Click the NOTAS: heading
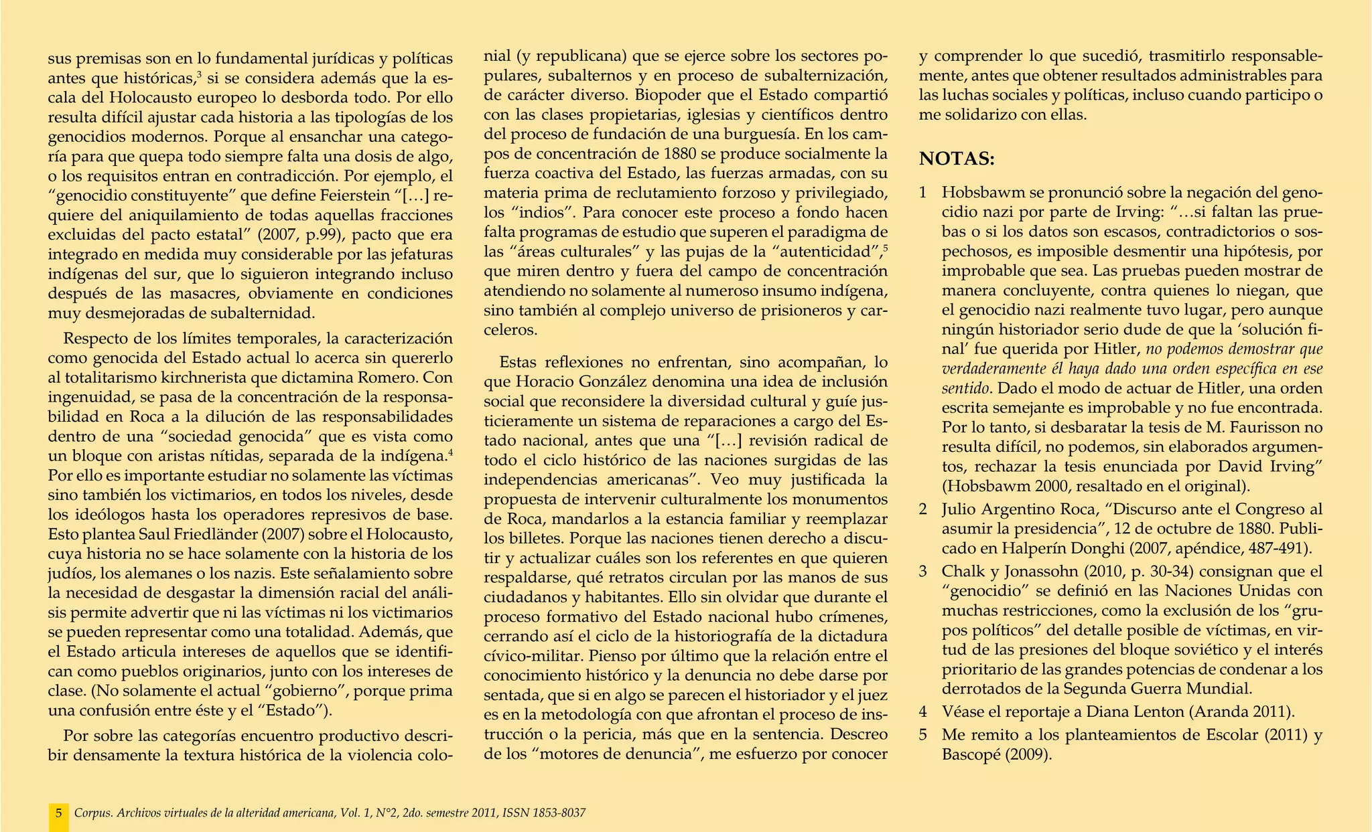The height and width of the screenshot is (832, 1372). click(957, 159)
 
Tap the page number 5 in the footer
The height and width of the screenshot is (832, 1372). click(59, 813)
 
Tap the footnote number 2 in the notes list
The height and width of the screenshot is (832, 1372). click(923, 509)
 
